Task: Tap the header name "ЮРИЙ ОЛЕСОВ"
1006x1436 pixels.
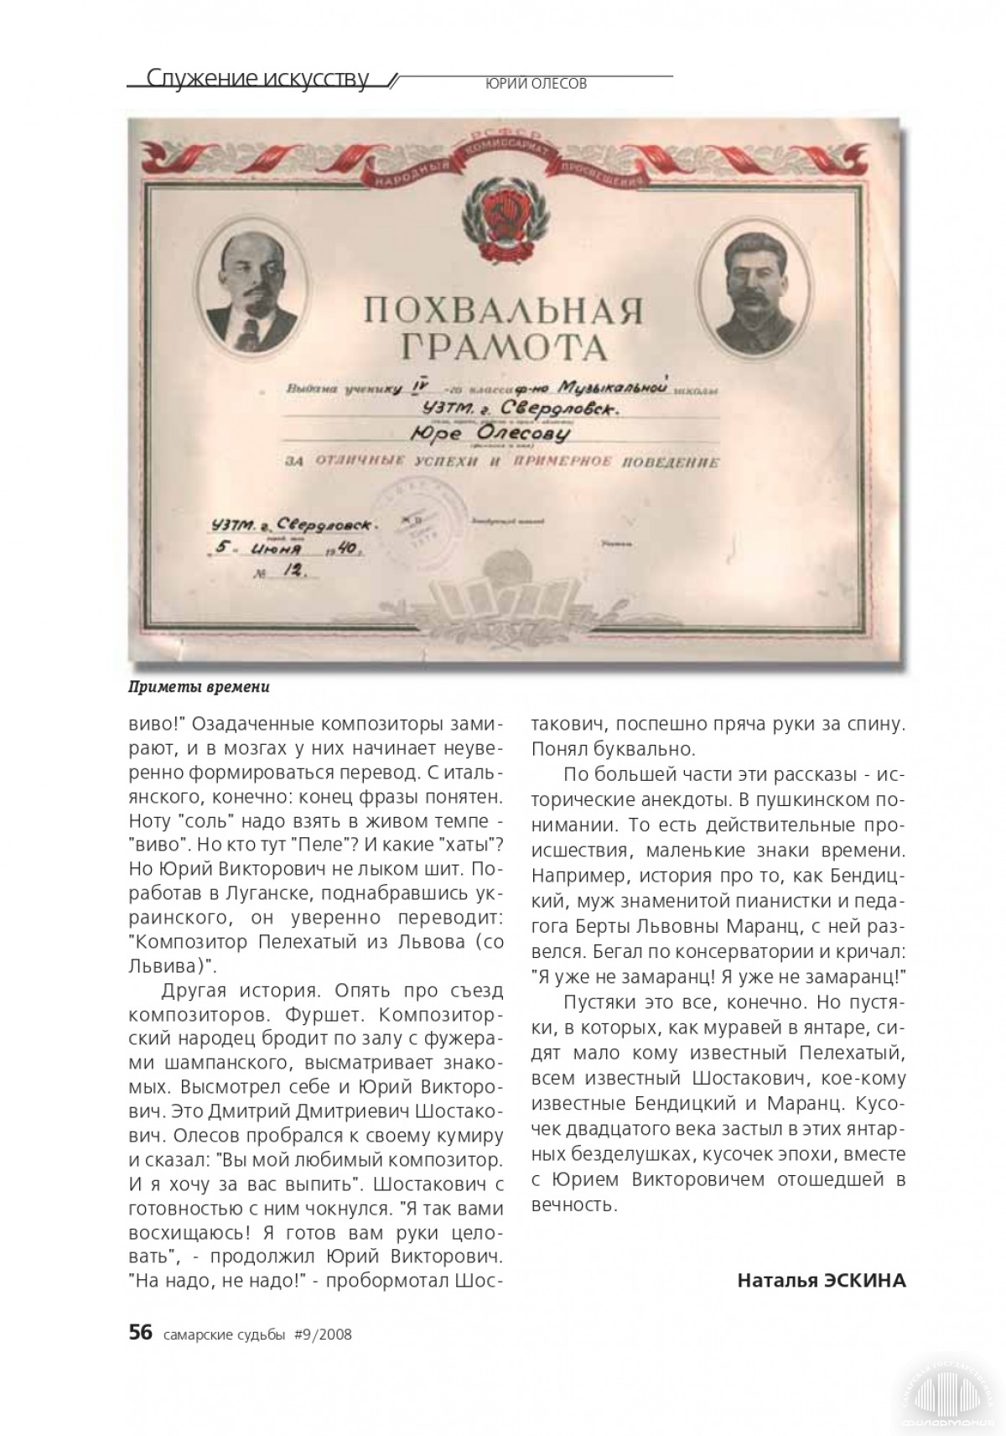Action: [x=536, y=84]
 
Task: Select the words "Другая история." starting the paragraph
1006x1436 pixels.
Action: [x=242, y=991]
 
